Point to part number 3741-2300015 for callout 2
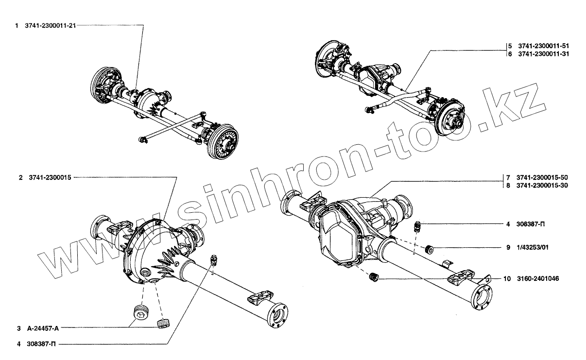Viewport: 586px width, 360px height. [50, 178]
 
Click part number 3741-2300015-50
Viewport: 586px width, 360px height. [543, 177]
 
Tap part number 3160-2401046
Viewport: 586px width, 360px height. [537, 279]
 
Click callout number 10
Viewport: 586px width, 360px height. [507, 279]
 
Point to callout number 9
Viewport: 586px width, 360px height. [508, 248]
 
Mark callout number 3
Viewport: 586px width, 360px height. [20, 328]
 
